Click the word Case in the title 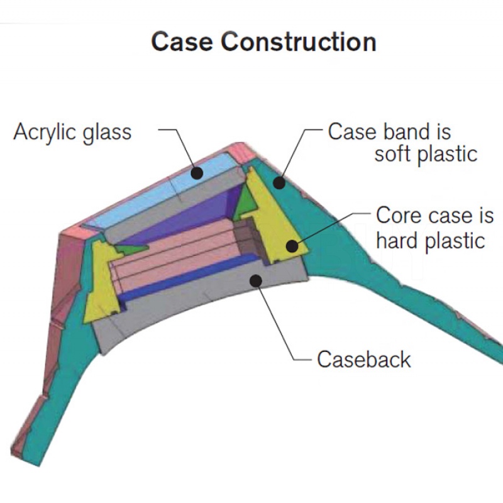182,41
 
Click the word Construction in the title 298,41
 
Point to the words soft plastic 426,155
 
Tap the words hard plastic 430,241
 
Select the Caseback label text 364,359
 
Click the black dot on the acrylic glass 197,174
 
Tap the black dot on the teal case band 280,182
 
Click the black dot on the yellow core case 292,246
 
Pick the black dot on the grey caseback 256,280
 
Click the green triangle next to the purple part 246,202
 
